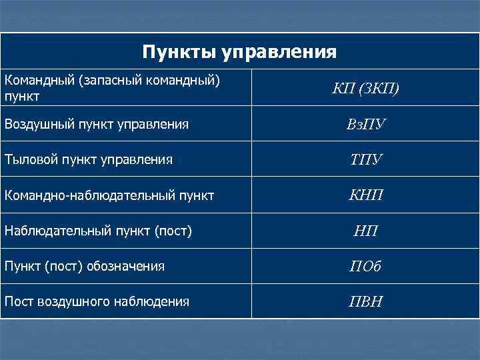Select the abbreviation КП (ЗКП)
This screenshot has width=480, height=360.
365,89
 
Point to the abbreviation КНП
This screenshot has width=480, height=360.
365,196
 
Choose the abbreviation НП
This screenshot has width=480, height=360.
365,232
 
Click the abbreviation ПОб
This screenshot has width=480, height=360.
365,267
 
